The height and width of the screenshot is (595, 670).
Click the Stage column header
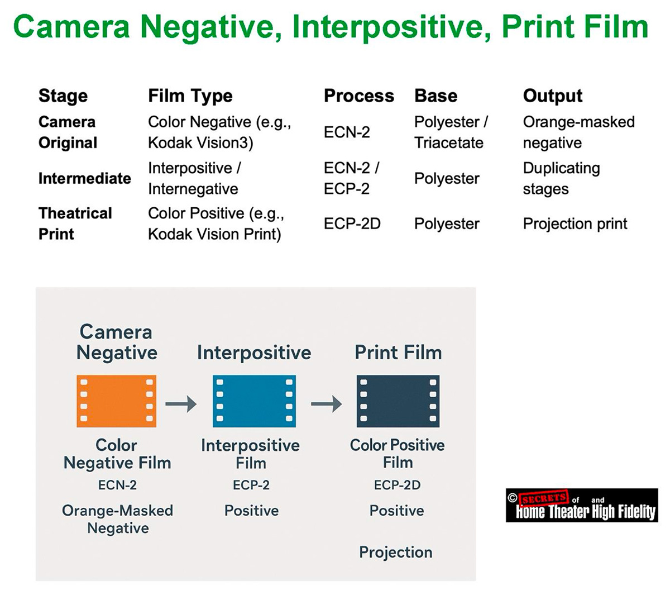pos(63,96)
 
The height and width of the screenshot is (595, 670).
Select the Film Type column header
pos(190,96)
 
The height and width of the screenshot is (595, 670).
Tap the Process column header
pos(358,96)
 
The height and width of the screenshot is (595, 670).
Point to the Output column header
pos(552,96)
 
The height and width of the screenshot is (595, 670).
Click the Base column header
pos(435,96)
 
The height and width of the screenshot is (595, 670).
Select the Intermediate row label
pos(84,179)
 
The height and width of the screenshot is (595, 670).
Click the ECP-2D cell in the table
pos(352,224)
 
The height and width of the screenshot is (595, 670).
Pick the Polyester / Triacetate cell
pos(451,132)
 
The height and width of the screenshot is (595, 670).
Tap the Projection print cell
pos(575,224)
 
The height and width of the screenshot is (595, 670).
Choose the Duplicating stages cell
pos(561,179)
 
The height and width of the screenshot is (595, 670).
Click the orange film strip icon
pos(116,402)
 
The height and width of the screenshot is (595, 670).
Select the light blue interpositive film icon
pos(254,402)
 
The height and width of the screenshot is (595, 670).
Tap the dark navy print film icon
pos(398,402)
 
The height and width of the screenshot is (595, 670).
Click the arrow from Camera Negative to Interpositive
pos(181,403)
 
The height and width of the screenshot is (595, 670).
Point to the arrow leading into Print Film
pos(326,403)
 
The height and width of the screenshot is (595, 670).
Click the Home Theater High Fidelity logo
pos(582,506)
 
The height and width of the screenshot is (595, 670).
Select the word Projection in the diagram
pos(395,553)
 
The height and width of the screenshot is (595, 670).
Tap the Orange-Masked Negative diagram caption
pos(117,519)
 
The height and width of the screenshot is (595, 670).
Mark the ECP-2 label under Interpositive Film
pos(251,485)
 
